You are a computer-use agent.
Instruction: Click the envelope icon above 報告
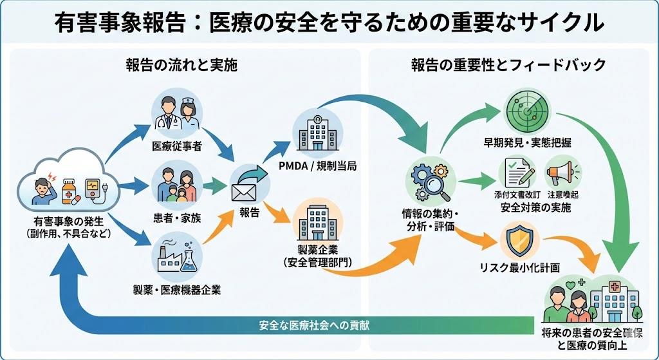245,189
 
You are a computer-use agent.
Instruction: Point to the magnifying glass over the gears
431,185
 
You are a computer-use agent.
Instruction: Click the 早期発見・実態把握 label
527,142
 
